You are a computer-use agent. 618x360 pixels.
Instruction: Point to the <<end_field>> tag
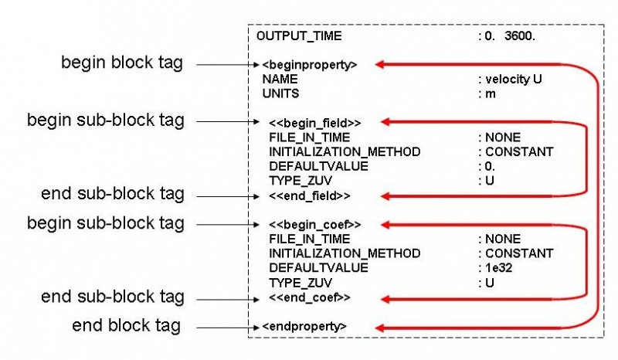pyautogui.click(x=309, y=195)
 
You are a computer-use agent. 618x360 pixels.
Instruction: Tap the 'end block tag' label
pyautogui.click(x=126, y=326)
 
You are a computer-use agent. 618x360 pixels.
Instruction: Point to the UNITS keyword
pyautogui.click(x=280, y=93)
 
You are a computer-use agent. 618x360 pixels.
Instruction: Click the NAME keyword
pyautogui.click(x=278, y=79)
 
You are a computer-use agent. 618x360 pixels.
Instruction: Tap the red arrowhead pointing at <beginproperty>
pyautogui.click(x=381, y=65)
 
